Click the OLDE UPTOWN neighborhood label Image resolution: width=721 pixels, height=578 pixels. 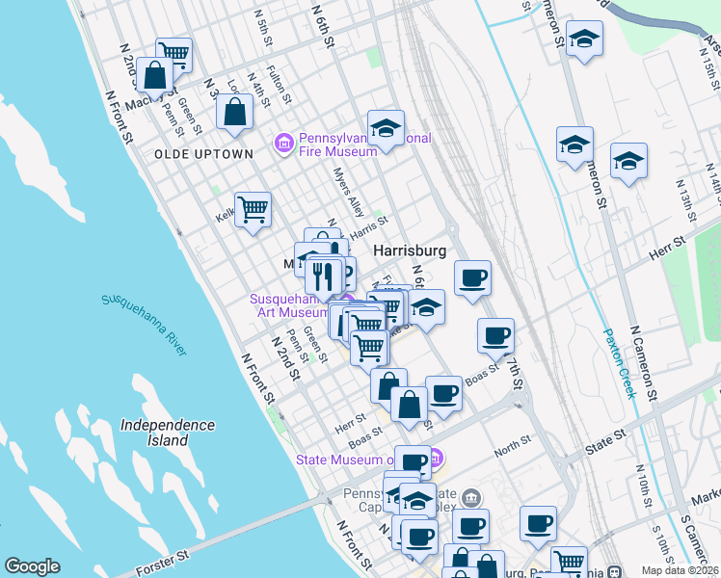(x=202, y=154)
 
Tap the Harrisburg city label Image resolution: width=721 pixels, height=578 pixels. (x=409, y=250)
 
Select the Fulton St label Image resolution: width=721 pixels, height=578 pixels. (x=279, y=83)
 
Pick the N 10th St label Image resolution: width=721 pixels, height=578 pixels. (x=640, y=485)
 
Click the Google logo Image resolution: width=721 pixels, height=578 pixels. (x=32, y=566)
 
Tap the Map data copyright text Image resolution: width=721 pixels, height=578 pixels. (x=681, y=570)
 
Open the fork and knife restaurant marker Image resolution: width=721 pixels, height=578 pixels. (x=323, y=276)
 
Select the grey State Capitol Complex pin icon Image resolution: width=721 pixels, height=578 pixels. (x=470, y=498)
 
